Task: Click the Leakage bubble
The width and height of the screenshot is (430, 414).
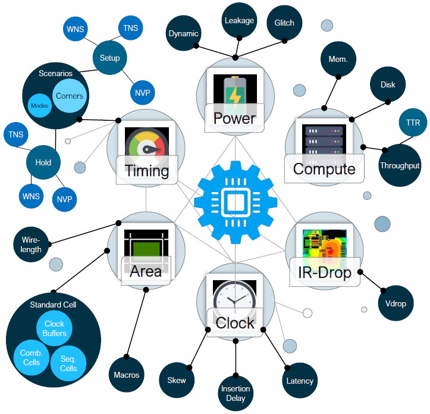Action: (239, 20)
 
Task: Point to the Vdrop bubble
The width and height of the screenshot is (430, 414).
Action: (396, 303)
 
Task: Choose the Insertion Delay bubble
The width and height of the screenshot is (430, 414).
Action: (236, 393)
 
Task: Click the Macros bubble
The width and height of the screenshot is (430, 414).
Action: (127, 375)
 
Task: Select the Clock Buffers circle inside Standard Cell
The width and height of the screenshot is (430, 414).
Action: (54, 328)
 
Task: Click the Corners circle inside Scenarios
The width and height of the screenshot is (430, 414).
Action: (69, 96)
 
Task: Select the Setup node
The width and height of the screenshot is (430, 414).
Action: (110, 58)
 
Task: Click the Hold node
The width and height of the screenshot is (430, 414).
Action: (43, 162)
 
